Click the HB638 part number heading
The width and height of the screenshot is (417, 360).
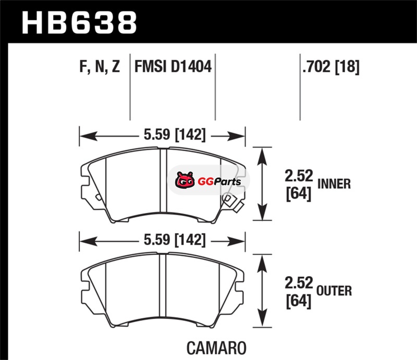point(79,22)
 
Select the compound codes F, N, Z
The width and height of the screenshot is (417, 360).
point(100,67)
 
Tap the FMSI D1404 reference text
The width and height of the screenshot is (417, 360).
point(173,67)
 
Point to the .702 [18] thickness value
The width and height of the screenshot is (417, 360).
point(331,67)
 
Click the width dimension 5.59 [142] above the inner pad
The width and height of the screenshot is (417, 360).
point(175,134)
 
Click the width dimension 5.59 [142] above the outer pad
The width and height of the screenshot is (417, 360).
point(175,240)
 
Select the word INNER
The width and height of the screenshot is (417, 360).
point(334,184)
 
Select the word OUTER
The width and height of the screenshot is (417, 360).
point(334,291)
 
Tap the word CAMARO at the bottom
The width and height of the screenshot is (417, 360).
point(216,348)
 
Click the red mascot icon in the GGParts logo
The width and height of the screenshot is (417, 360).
point(185,180)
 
